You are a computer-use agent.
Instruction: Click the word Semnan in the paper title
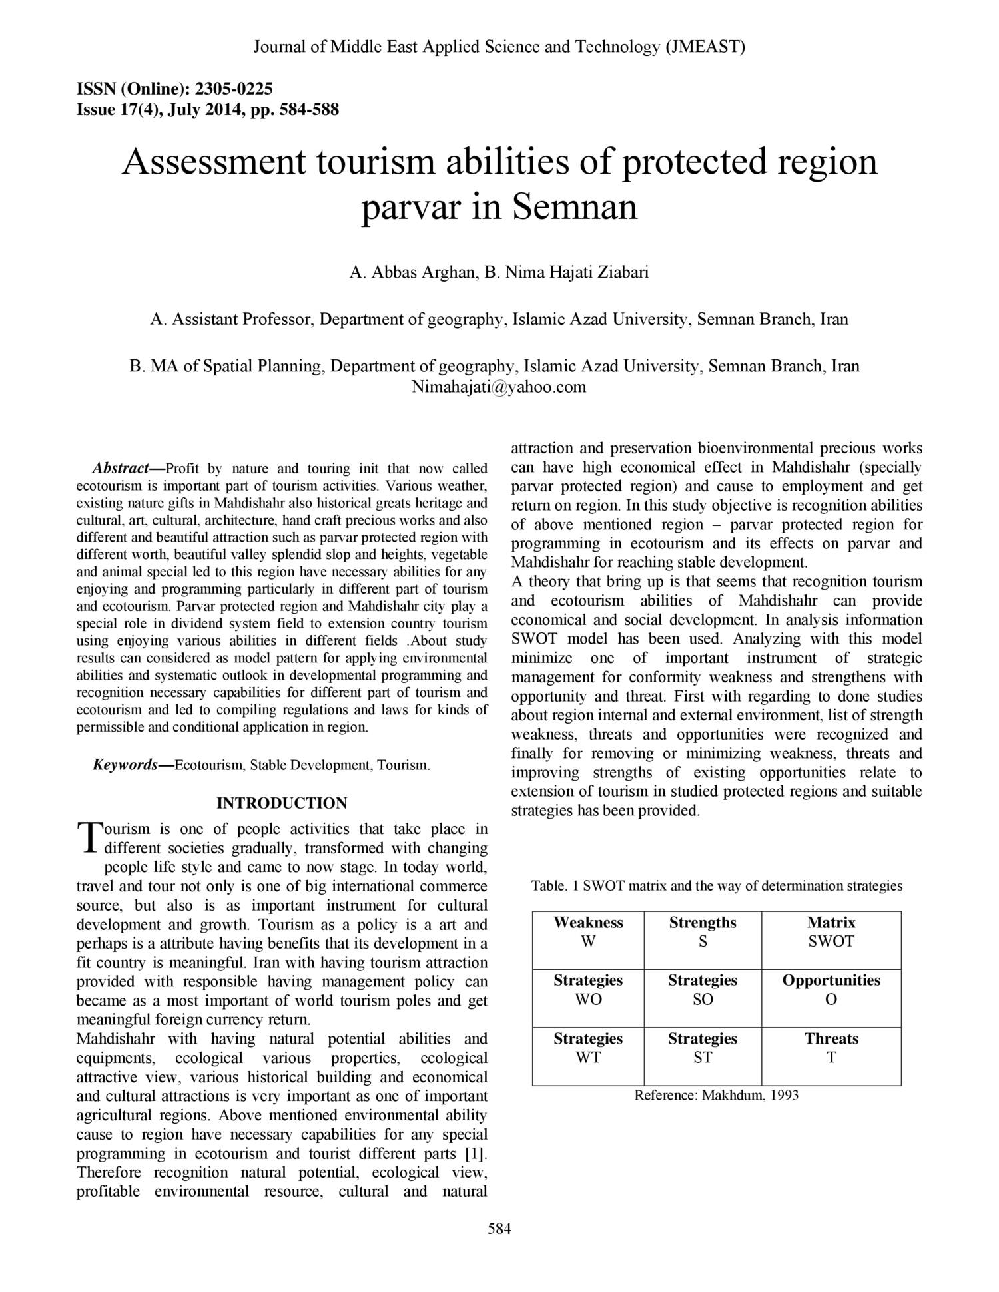[575, 207]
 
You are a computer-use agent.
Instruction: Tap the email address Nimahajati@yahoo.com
[499, 387]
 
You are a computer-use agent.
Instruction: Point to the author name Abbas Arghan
[422, 272]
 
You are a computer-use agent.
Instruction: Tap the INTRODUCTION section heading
[282, 803]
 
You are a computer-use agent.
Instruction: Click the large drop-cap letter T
[88, 837]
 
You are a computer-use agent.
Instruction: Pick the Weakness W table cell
[588, 932]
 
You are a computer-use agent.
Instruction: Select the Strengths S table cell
[703, 932]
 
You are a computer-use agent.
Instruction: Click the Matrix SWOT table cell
[831, 932]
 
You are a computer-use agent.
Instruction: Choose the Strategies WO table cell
[588, 990]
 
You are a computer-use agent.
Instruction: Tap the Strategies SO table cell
[703, 990]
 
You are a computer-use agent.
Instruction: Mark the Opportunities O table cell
[831, 990]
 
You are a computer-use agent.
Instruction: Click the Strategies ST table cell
[703, 1048]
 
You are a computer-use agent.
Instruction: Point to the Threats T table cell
[831, 1048]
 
